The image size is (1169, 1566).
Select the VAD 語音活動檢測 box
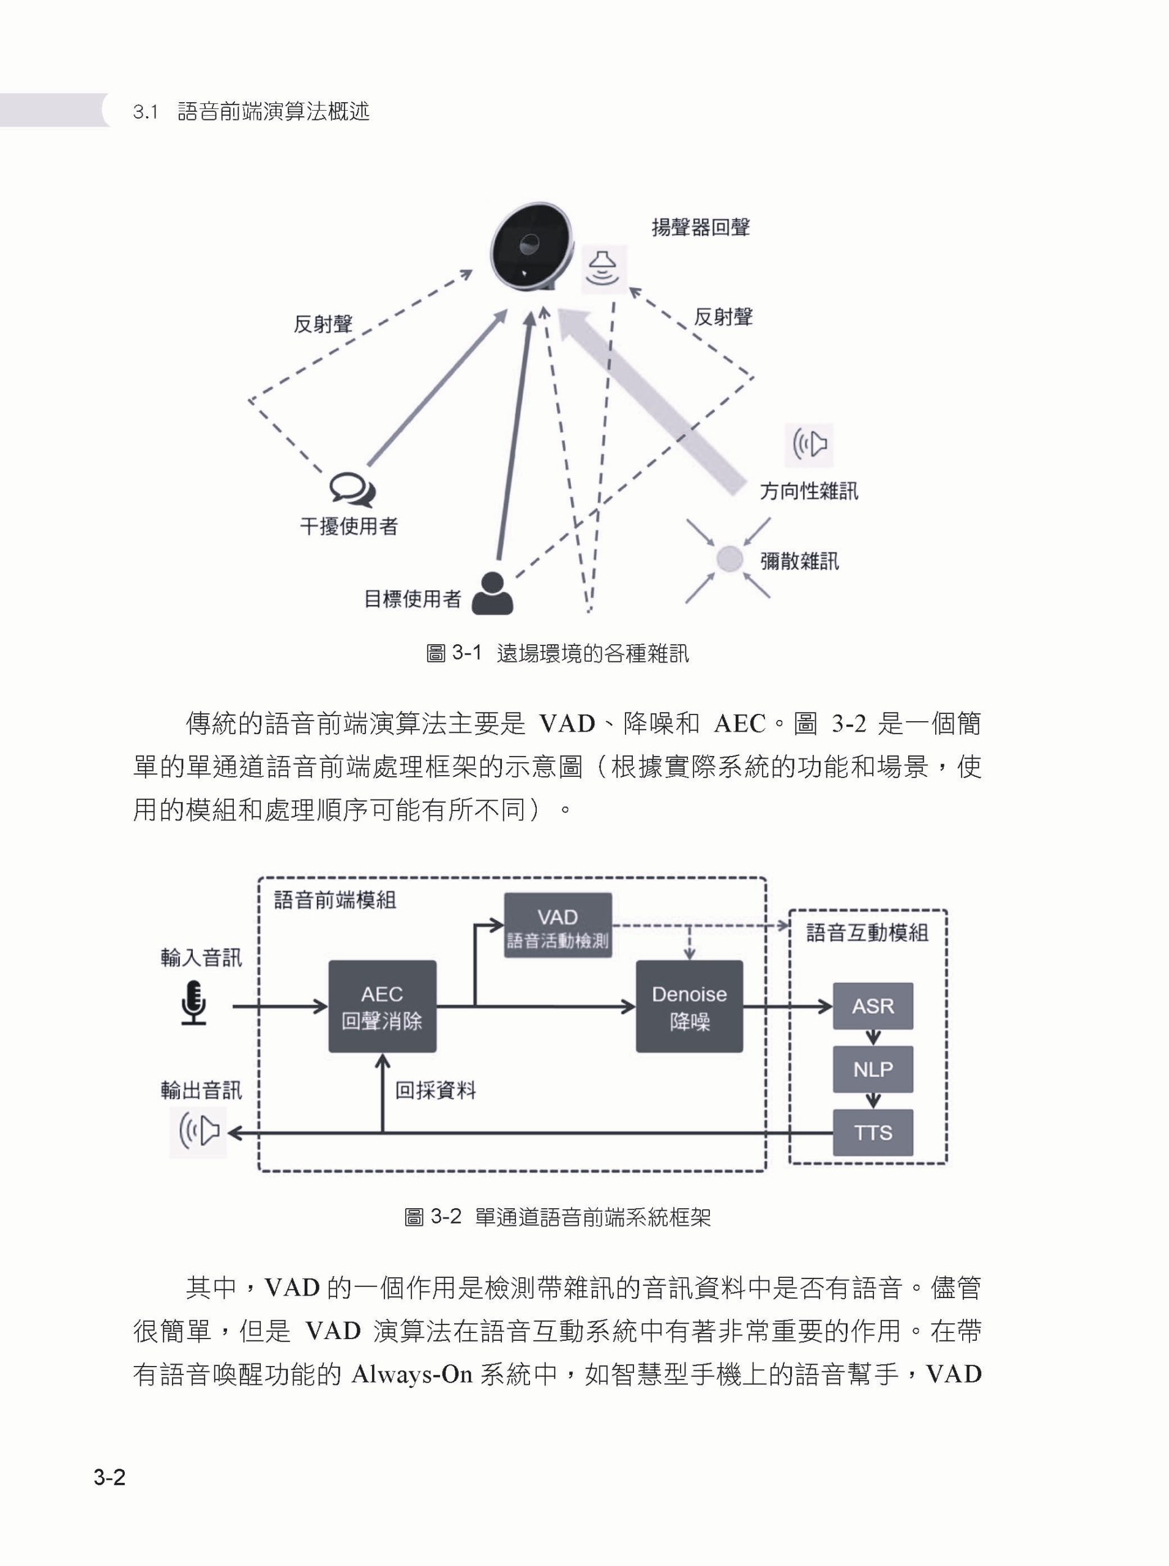[558, 925]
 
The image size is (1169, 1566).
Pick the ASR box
[873, 1005]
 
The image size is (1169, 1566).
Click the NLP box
[873, 1069]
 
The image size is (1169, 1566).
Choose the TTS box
[873, 1132]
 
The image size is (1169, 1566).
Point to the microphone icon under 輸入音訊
[193, 1003]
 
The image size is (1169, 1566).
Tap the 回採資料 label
[435, 1090]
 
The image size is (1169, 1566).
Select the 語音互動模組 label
[867, 933]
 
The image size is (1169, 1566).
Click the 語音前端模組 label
[335, 900]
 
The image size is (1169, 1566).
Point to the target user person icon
[492, 593]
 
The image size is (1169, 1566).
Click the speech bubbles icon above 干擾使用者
[352, 489]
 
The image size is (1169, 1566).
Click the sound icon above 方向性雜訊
[810, 445]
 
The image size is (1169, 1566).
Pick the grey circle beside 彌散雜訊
[729, 558]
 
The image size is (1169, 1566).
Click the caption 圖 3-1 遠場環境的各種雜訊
[557, 653]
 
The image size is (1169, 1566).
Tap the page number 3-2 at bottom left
[110, 1477]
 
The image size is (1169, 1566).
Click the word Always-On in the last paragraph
[411, 1373]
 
